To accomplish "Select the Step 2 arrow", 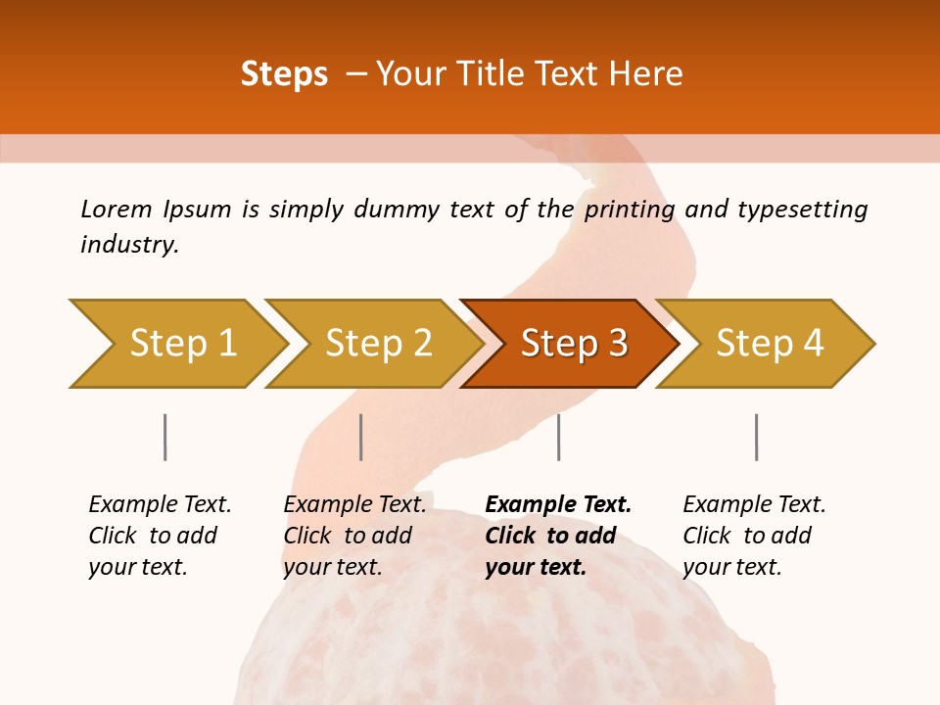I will click(378, 344).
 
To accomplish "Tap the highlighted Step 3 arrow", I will click(574, 344).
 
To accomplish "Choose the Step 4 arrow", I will click(770, 344).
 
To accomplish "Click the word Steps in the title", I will click(284, 74).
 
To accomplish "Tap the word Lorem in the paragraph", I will click(116, 209).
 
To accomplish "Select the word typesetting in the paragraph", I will click(802, 210).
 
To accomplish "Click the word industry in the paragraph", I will click(128, 245).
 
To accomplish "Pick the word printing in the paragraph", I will click(630, 210).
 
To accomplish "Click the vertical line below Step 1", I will click(164, 437).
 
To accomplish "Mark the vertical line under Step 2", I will click(361, 437).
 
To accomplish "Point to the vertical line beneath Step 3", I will click(558, 437).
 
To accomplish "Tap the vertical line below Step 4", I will click(756, 437).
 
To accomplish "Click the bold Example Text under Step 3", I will click(558, 535).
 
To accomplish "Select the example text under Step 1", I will click(160, 535).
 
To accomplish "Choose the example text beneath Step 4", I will click(754, 535).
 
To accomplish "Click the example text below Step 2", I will click(354, 535).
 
